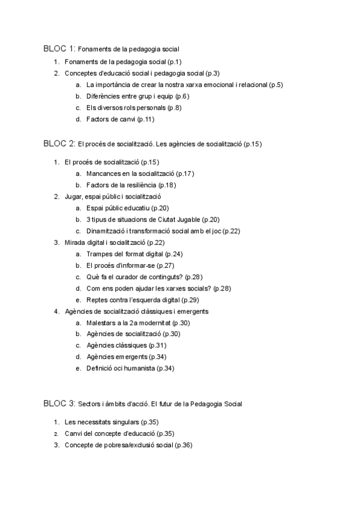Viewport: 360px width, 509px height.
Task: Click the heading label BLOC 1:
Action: click(x=59, y=48)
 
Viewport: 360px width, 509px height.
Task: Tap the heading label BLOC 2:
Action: click(x=59, y=143)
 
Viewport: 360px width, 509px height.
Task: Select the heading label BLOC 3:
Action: click(x=59, y=403)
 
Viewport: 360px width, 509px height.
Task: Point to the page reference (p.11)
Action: click(x=146, y=119)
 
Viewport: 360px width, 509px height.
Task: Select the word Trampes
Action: click(x=100, y=254)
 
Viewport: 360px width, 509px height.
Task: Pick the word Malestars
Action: click(x=103, y=323)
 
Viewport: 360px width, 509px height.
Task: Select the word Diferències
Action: click(x=104, y=96)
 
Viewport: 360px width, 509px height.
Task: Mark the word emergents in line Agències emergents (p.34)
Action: click(x=134, y=357)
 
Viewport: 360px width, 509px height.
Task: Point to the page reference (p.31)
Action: click(x=157, y=345)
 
